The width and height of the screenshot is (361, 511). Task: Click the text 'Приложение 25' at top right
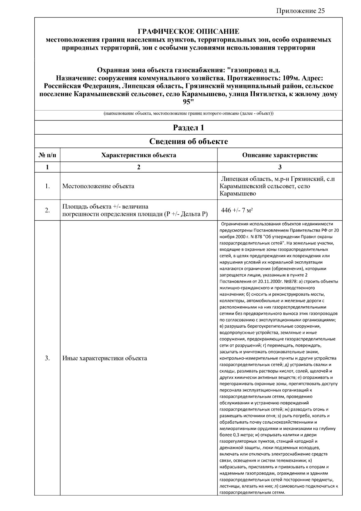pyautogui.click(x=301, y=11)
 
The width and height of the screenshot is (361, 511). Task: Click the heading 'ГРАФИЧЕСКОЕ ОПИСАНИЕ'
pyautogui.click(x=188, y=32)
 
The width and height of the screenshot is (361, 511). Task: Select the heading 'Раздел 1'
pyautogui.click(x=188, y=128)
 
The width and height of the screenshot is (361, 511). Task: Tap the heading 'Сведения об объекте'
pyautogui.click(x=188, y=141)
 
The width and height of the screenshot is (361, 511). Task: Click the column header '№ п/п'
pyautogui.click(x=47, y=155)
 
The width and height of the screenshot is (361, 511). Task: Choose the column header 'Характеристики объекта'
pyautogui.click(x=139, y=155)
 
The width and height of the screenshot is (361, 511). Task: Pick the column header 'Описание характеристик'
pyautogui.click(x=280, y=155)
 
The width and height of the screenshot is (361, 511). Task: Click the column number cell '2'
pyautogui.click(x=139, y=167)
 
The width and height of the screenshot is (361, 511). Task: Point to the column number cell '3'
pyautogui.click(x=280, y=167)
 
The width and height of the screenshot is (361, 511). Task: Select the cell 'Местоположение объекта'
pyautogui.click(x=98, y=186)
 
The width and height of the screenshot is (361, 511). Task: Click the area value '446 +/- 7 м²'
pyautogui.click(x=237, y=210)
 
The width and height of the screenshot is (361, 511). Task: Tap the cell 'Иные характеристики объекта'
pyautogui.click(x=105, y=358)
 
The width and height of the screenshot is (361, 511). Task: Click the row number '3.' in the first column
pyautogui.click(x=47, y=358)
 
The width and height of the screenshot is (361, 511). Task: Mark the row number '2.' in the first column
pyautogui.click(x=47, y=210)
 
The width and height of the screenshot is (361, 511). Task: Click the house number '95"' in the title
pyautogui.click(x=188, y=102)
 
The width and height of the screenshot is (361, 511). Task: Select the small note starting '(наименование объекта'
pyautogui.click(x=188, y=114)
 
